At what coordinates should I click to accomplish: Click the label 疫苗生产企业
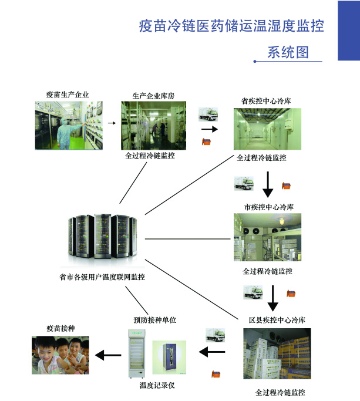68,94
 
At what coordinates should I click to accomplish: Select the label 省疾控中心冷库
267,100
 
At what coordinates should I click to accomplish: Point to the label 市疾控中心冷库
269,207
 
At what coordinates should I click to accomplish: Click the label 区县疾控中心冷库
277,319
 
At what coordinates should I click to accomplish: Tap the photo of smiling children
61,355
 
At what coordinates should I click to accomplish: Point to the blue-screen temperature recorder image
170,358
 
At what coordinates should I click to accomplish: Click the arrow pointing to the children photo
108,355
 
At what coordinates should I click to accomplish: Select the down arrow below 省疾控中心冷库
268,183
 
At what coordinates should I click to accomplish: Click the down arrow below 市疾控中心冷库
272,297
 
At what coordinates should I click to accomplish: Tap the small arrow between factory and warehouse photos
110,124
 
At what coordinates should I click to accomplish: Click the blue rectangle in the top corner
348,30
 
